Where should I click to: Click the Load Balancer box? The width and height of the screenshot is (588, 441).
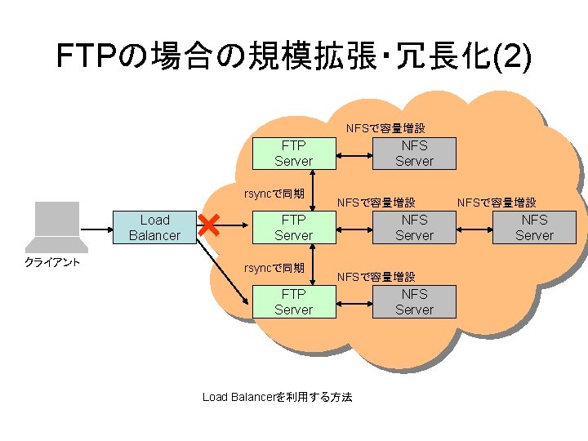tap(154, 227)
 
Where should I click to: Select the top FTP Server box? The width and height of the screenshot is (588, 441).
tap(294, 153)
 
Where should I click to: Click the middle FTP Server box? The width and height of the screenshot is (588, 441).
tap(294, 227)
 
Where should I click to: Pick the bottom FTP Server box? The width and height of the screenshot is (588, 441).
tap(294, 301)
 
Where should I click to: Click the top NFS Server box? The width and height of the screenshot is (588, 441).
tap(414, 153)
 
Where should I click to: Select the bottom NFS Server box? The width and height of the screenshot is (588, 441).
tap(414, 301)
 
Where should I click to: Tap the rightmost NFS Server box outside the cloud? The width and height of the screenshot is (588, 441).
tap(534, 227)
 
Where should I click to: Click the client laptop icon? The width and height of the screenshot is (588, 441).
tap(56, 226)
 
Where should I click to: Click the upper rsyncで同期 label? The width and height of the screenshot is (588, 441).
tap(275, 194)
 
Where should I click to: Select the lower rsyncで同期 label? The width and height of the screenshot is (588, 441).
tap(275, 268)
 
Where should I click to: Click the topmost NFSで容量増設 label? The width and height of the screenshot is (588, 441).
tap(385, 128)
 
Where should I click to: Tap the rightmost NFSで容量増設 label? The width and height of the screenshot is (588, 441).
tap(497, 202)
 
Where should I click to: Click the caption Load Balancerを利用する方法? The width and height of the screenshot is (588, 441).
tap(277, 397)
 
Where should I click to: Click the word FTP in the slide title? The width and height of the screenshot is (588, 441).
tap(85, 56)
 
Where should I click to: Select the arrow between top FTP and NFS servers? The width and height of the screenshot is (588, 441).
tap(354, 153)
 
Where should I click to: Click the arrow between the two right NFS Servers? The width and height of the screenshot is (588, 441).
tap(474, 227)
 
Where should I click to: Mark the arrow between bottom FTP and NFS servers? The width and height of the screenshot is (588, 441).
tap(354, 301)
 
